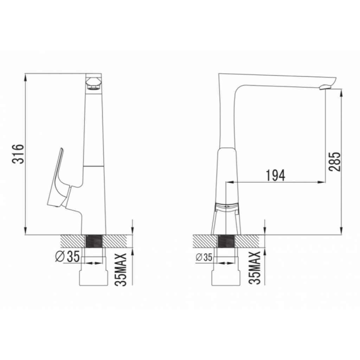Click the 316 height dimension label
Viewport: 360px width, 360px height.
tap(18, 154)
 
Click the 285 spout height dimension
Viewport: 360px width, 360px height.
tap(334, 162)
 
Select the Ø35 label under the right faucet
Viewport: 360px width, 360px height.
tap(204, 258)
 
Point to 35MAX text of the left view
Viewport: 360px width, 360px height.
tap(121, 269)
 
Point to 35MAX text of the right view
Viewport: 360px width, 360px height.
tap(255, 268)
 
